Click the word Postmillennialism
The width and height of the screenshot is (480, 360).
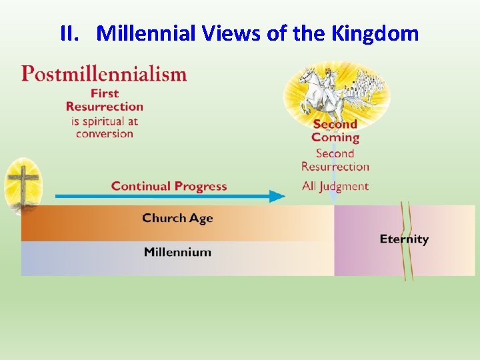click(x=104, y=73)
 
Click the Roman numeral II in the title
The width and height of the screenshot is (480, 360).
click(x=69, y=33)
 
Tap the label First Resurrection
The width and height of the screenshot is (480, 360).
click(x=105, y=99)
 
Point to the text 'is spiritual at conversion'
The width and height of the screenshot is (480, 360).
click(x=104, y=127)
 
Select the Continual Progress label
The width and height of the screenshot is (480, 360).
click(x=169, y=186)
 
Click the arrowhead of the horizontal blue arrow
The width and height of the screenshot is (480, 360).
click(x=277, y=196)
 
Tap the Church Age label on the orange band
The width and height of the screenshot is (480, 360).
click(x=177, y=218)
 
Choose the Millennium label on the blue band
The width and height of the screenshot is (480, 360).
click(x=177, y=252)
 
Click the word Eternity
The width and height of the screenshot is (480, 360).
click(x=404, y=239)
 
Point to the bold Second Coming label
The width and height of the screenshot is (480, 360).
click(x=335, y=131)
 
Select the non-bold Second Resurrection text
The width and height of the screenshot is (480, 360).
click(x=335, y=160)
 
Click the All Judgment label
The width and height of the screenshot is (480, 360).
click(x=335, y=186)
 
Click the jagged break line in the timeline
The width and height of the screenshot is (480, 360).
click(x=406, y=240)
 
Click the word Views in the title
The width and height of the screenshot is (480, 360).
click(x=229, y=33)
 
